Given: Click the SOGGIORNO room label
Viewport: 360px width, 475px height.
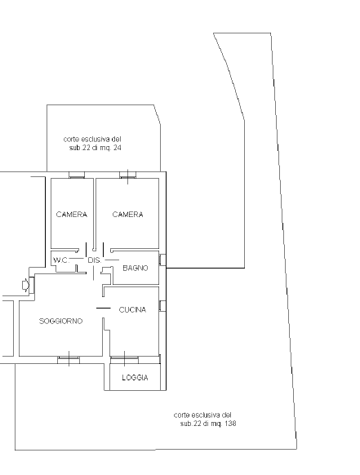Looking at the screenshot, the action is pyautogui.click(x=60, y=321).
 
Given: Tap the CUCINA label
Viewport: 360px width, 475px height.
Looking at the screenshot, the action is pyautogui.click(x=132, y=309).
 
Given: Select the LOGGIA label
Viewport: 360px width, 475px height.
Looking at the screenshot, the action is pyautogui.click(x=135, y=377).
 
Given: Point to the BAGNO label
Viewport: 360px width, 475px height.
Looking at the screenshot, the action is pyautogui.click(x=136, y=268).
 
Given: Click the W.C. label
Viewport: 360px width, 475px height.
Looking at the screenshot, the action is pyautogui.click(x=61, y=260).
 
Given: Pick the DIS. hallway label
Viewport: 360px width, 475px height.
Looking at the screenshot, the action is pyautogui.click(x=94, y=260).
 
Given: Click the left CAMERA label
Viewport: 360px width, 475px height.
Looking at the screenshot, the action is pyautogui.click(x=72, y=215).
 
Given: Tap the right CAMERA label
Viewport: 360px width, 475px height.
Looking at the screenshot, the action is pyautogui.click(x=127, y=215).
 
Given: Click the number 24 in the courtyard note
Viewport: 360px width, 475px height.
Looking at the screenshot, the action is pyautogui.click(x=117, y=148).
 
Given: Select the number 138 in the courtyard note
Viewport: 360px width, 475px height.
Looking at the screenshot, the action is pyautogui.click(x=230, y=424).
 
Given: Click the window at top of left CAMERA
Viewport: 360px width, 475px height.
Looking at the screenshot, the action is pyautogui.click(x=77, y=175).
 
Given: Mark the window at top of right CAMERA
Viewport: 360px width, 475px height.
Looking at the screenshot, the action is pyautogui.click(x=128, y=175).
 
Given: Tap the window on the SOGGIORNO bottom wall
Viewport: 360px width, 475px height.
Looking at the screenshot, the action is pyautogui.click(x=69, y=360).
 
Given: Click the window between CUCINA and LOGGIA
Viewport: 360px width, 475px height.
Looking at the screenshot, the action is pyautogui.click(x=124, y=360).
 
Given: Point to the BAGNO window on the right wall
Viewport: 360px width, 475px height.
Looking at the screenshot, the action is pyautogui.click(x=162, y=260).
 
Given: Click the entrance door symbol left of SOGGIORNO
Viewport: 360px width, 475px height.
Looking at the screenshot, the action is pyautogui.click(x=26, y=285).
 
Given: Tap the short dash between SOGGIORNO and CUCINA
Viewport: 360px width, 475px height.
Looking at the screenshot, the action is pyautogui.click(x=104, y=308).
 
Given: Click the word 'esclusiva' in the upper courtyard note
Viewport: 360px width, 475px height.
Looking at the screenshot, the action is pyautogui.click(x=94, y=140).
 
